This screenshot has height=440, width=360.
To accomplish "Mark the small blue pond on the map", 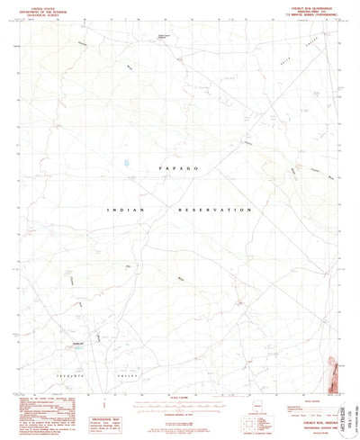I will pyautogui.click(x=127, y=164).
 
